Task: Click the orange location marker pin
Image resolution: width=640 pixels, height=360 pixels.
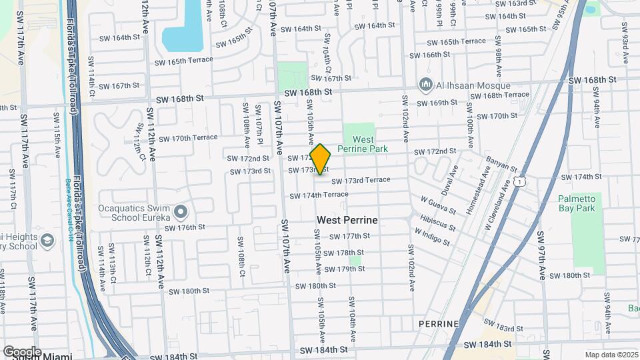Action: pos(321,159)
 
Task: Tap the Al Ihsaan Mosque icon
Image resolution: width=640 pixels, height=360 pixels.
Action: pos(425,85)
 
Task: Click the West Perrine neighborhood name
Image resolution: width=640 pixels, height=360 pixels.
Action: pos(347,220)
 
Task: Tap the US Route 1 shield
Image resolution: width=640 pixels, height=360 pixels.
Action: pos(519,181)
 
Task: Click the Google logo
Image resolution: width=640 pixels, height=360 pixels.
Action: pos(22,351)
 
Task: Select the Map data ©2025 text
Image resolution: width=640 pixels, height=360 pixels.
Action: pos(611,355)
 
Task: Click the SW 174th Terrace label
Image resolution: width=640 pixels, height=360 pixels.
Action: pos(319,195)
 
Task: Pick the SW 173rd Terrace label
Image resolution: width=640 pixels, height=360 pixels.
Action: pos(361,181)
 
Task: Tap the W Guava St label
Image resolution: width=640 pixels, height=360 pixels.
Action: pos(438,205)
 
